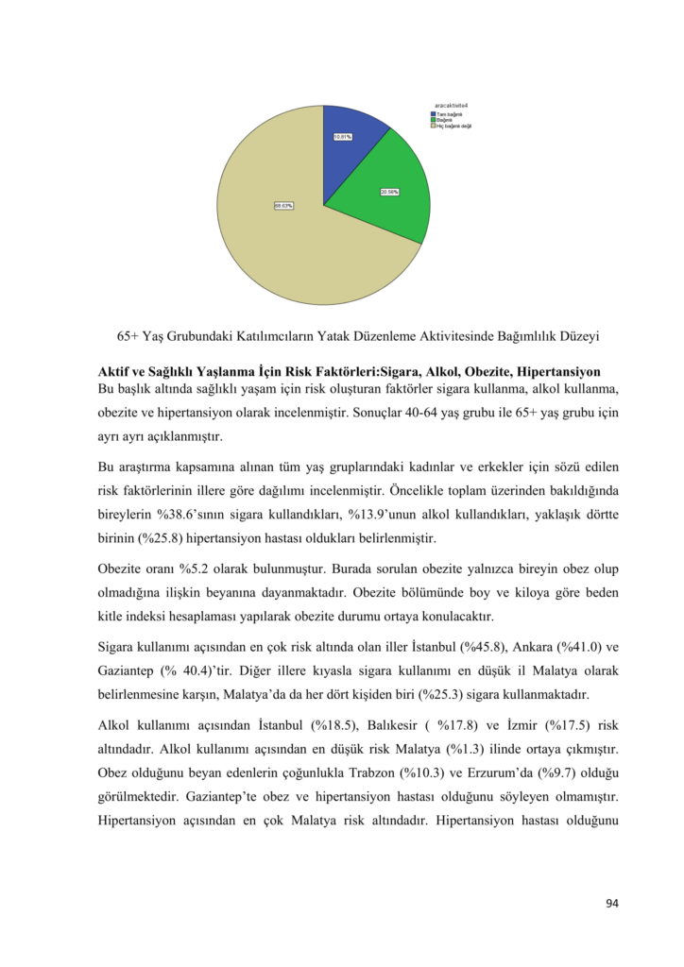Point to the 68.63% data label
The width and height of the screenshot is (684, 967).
pyautogui.click(x=283, y=205)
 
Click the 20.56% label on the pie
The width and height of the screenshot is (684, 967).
pyautogui.click(x=389, y=192)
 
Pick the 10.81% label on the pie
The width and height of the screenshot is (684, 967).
pyautogui.click(x=343, y=137)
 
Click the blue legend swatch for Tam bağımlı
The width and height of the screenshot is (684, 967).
pyautogui.click(x=433, y=114)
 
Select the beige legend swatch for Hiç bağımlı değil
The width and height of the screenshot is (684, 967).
pyautogui.click(x=433, y=126)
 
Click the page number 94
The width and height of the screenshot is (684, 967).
pyautogui.click(x=611, y=904)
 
